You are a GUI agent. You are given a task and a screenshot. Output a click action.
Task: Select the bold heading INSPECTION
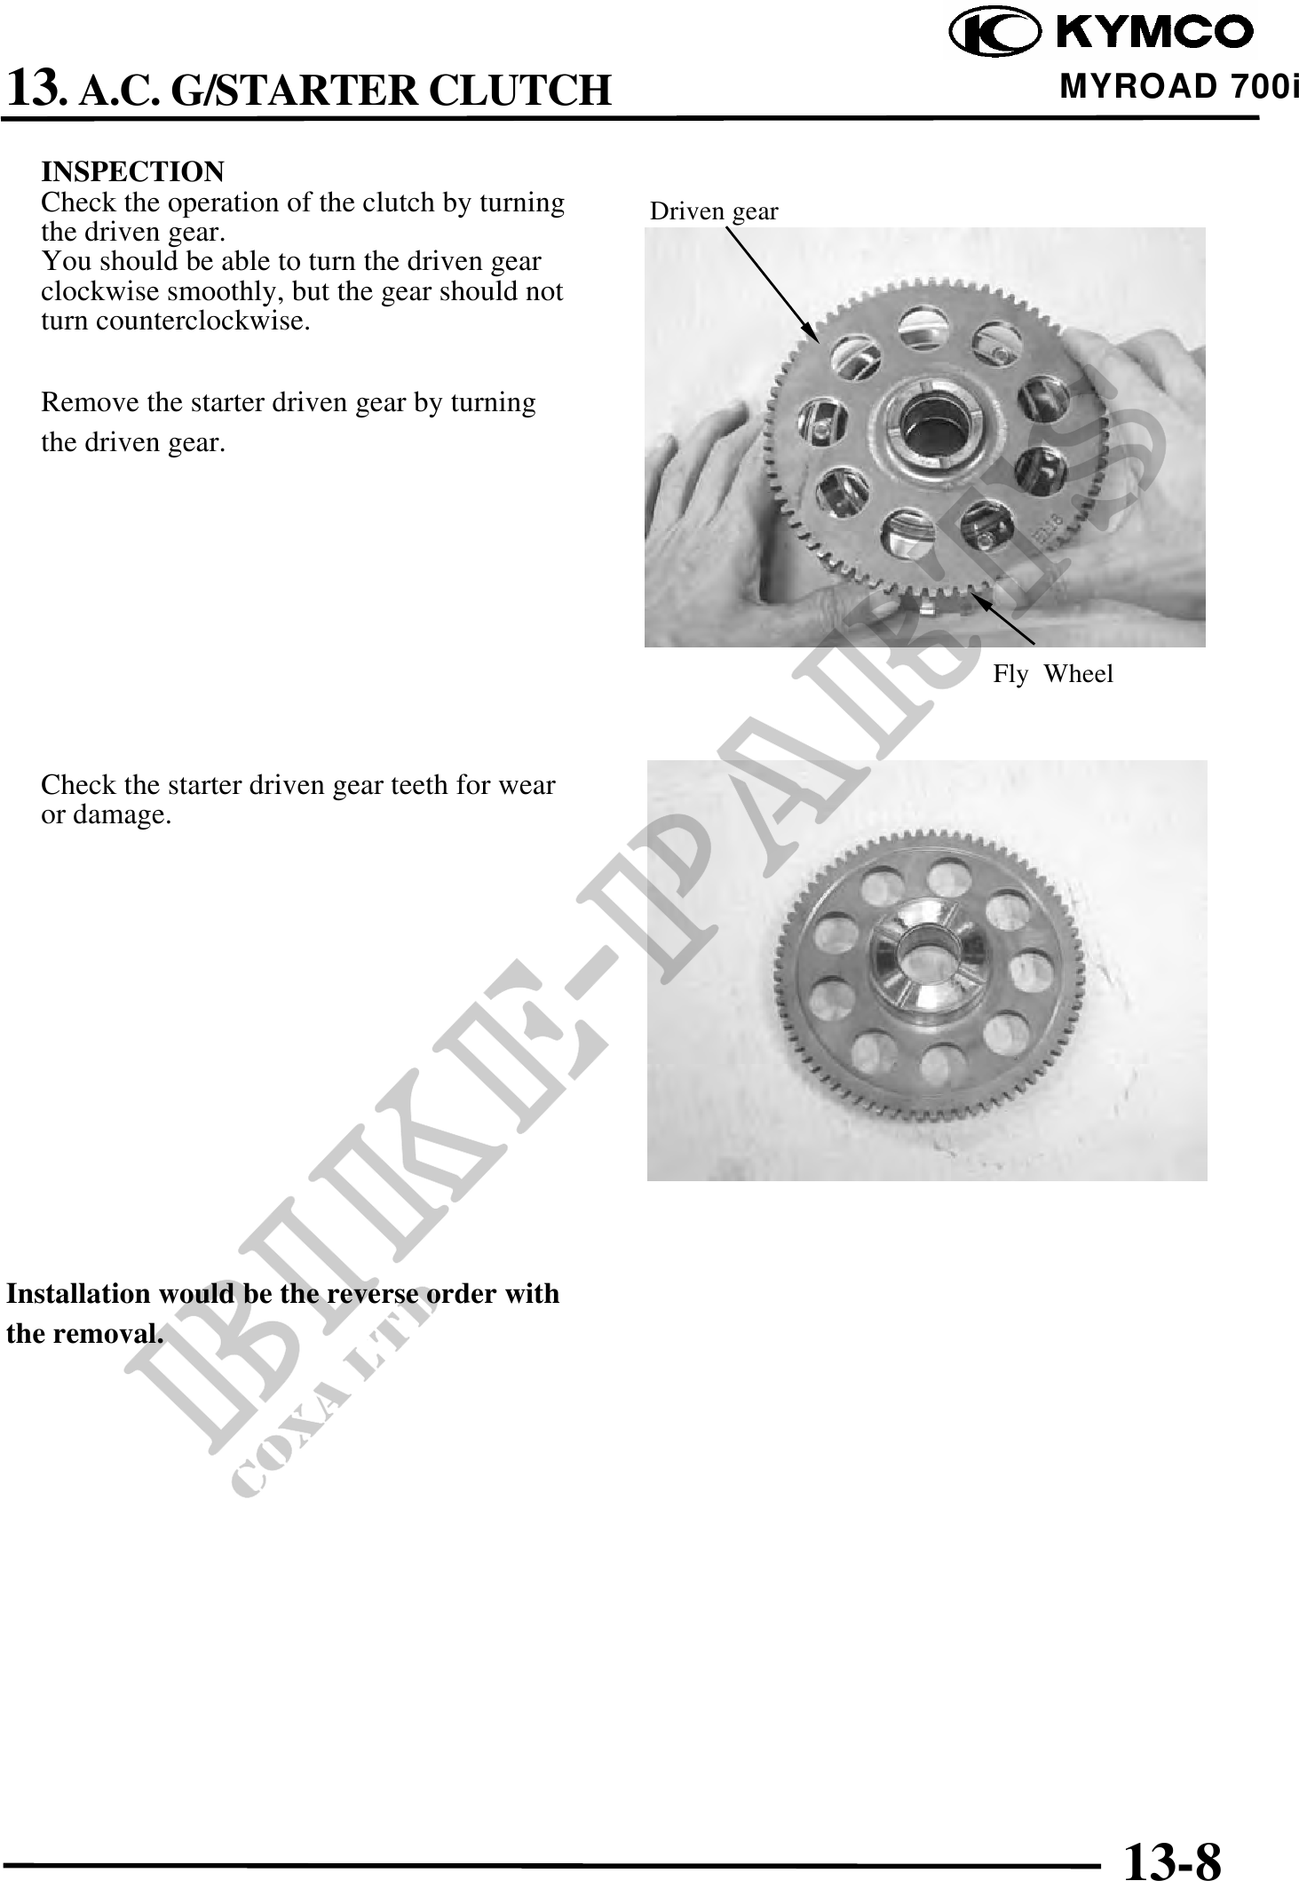[x=133, y=171]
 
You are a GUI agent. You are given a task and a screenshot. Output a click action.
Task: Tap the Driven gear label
[x=714, y=211]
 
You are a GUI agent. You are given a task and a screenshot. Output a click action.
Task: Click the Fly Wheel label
[x=1052, y=674]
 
